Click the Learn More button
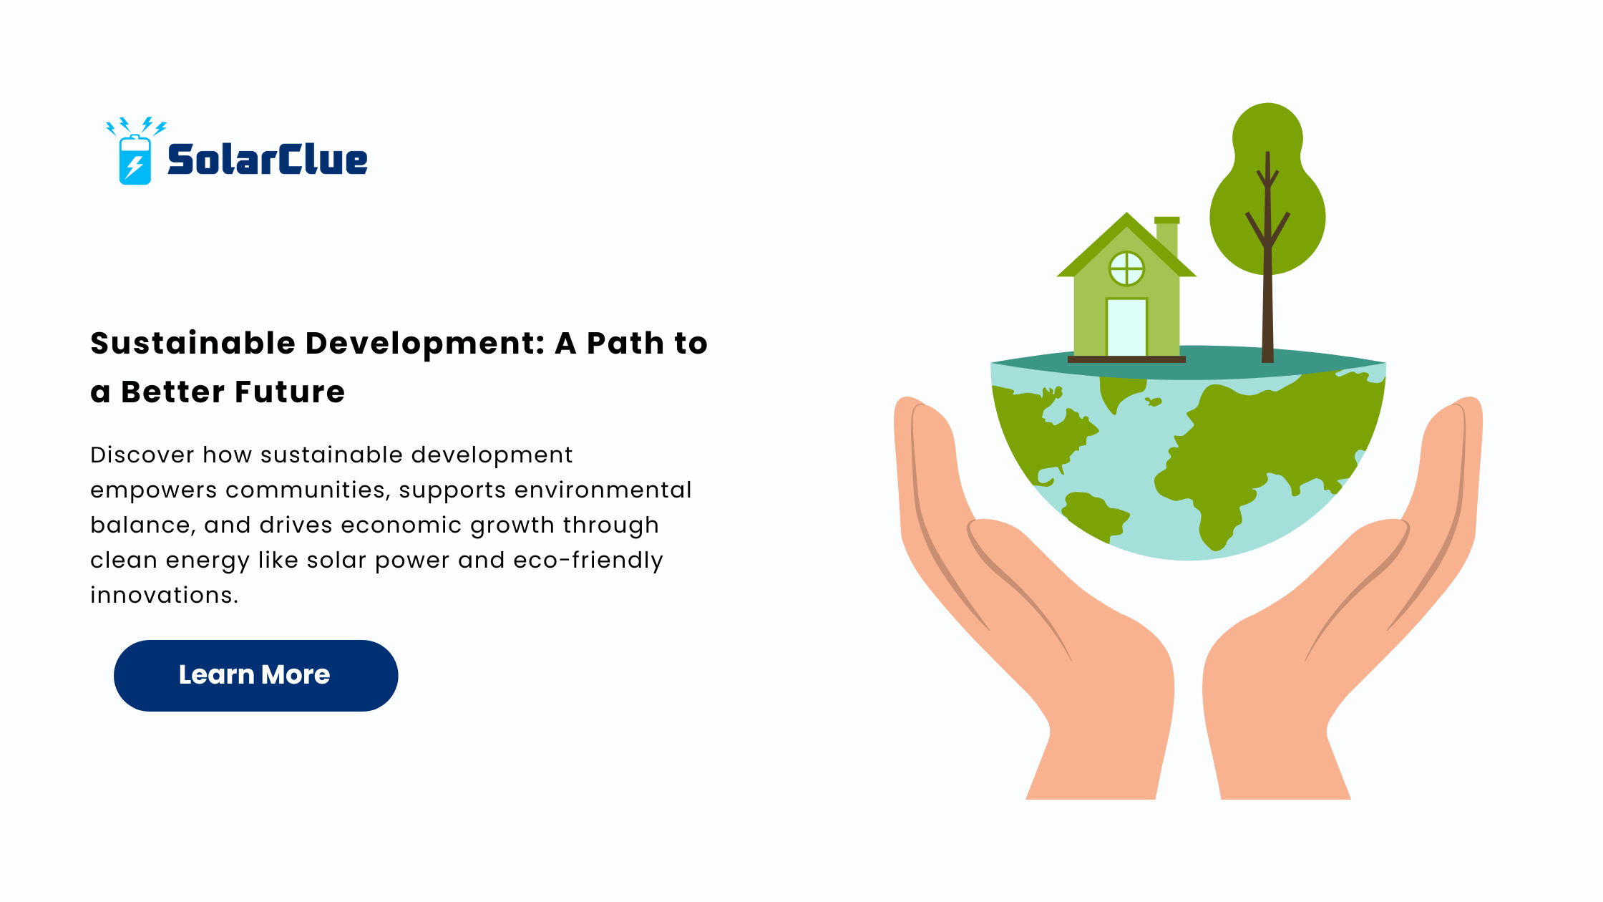coord(255,675)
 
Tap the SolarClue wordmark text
coord(268,160)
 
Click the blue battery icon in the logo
coord(135,160)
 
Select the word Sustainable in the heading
coord(193,344)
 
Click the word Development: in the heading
coord(426,344)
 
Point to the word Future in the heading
coord(290,392)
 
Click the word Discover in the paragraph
coord(142,455)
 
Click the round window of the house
coord(1126,269)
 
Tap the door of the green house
coord(1126,327)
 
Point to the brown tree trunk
coord(1267,286)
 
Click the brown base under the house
coord(1126,359)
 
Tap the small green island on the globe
coord(1153,402)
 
